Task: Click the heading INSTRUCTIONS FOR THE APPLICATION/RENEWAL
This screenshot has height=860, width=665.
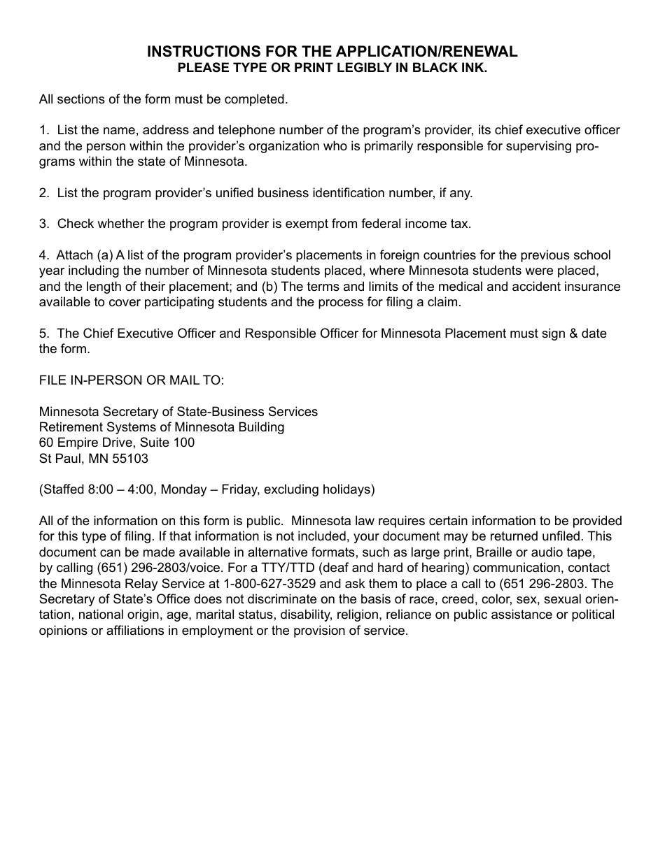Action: pos(332,52)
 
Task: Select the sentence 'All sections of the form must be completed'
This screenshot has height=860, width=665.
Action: pos(163,99)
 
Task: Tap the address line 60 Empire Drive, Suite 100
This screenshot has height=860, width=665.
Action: pos(117,443)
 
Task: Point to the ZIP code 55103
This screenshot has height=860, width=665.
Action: pos(130,459)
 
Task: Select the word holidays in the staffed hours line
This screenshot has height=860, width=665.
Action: pos(347,489)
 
